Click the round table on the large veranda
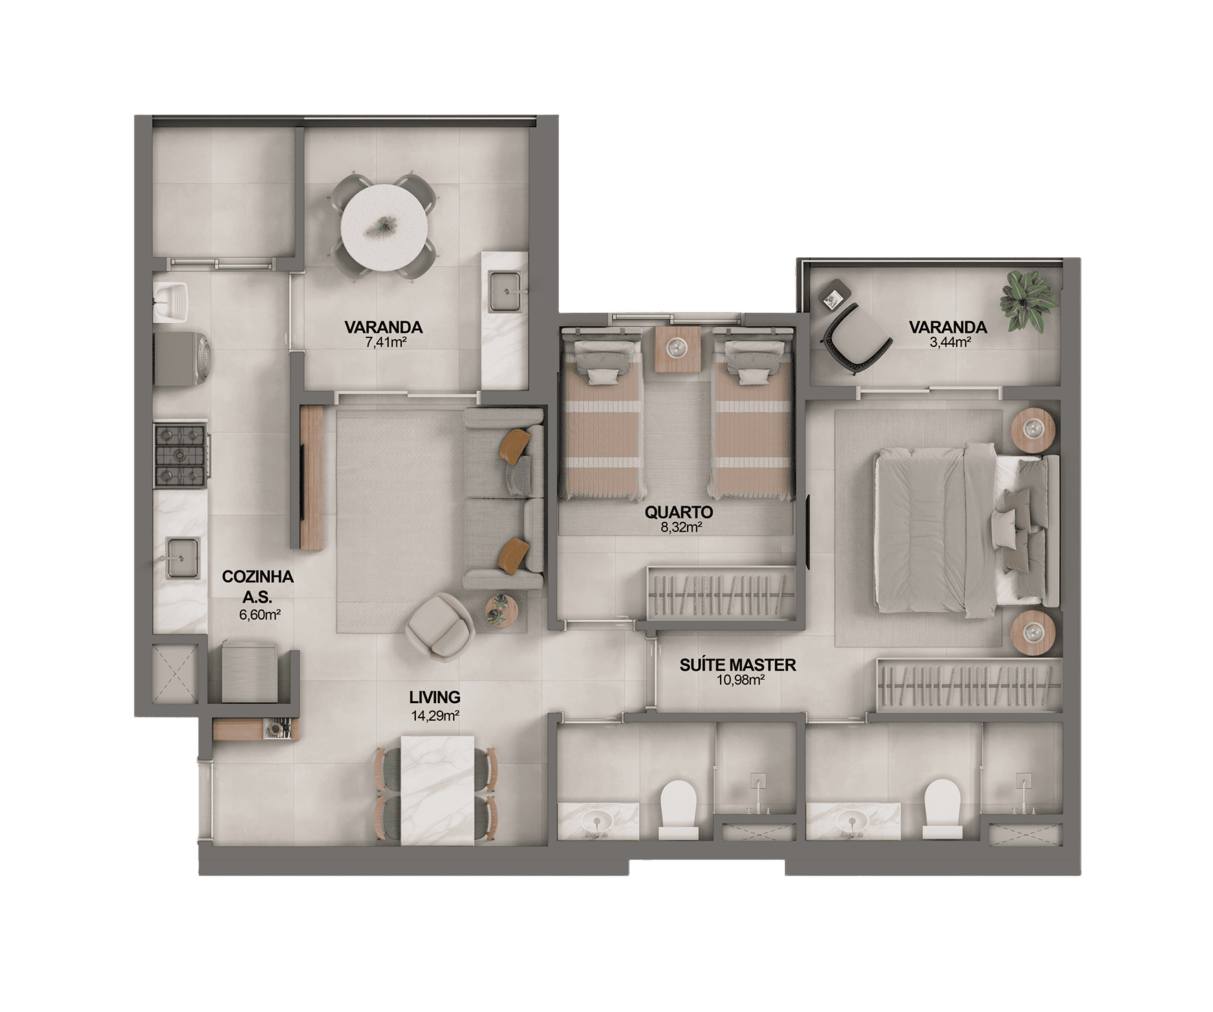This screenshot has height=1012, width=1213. click(384, 227)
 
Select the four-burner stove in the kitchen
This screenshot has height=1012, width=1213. click(181, 455)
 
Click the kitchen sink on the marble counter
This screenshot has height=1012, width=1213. click(182, 557)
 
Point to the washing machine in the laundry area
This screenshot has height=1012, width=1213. click(180, 360)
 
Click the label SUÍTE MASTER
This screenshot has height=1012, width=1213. click(738, 665)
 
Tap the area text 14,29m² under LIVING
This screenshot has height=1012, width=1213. click(435, 715)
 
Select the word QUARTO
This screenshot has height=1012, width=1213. click(679, 512)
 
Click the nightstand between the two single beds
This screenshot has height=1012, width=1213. click(677, 349)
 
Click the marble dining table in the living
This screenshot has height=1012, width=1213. click(437, 790)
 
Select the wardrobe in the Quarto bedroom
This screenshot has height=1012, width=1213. click(721, 592)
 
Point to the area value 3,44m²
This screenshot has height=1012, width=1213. click(950, 343)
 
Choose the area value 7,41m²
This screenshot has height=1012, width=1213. click(386, 343)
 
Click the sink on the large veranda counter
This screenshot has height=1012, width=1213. click(505, 292)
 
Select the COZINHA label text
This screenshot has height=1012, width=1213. click(257, 577)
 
